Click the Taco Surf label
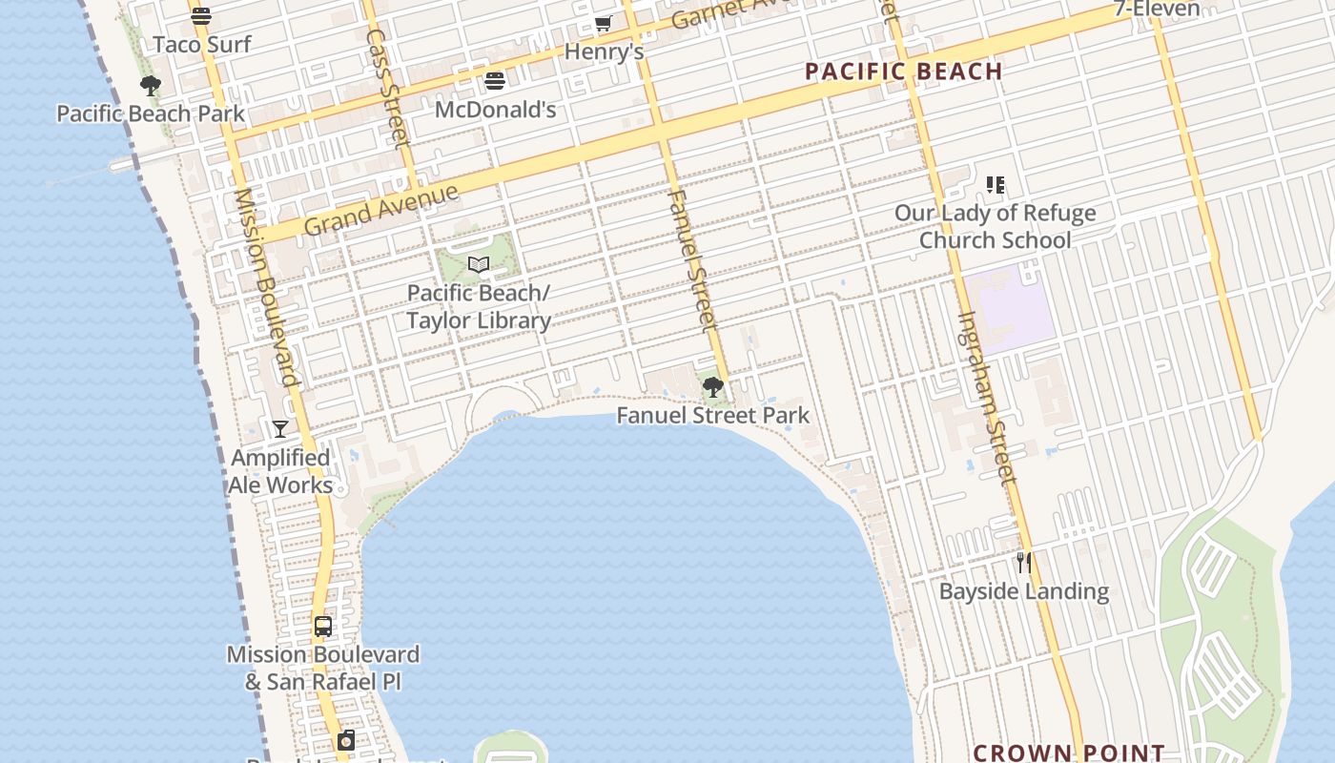tap(202, 44)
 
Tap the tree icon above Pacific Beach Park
tap(150, 86)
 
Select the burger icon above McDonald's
tap(494, 81)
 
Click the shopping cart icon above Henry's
tap(603, 24)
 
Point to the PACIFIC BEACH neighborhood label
tap(903, 72)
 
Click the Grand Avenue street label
tap(380, 209)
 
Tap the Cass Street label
tap(387, 88)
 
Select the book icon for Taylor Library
tap(479, 264)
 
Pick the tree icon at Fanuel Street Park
tap(712, 386)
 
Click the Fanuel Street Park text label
tap(712, 415)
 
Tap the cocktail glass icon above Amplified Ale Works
tap(279, 429)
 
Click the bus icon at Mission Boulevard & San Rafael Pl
tap(323, 627)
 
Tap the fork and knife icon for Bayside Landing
tap(1023, 563)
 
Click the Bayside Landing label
tap(1023, 591)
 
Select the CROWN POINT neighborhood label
tap(1068, 753)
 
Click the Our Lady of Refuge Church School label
tap(995, 226)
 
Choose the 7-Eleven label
tap(1157, 10)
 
